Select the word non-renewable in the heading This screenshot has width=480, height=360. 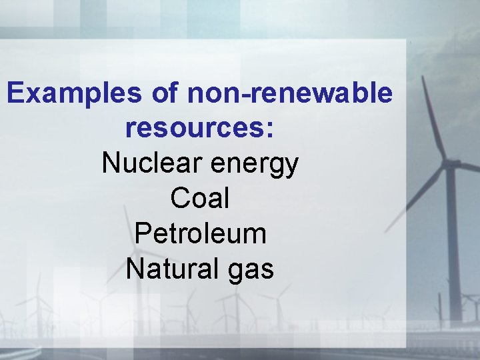pos(290,93)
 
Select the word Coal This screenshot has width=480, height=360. pos(200,198)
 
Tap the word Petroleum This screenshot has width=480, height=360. pos(200,234)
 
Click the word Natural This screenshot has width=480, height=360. pos(169,269)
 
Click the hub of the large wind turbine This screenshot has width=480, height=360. pos(450,163)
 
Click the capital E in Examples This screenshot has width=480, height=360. pos(15,93)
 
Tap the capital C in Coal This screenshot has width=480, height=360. pos(179,198)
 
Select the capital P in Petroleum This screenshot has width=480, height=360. pos(141,234)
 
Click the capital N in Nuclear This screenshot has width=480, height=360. pos(110,163)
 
